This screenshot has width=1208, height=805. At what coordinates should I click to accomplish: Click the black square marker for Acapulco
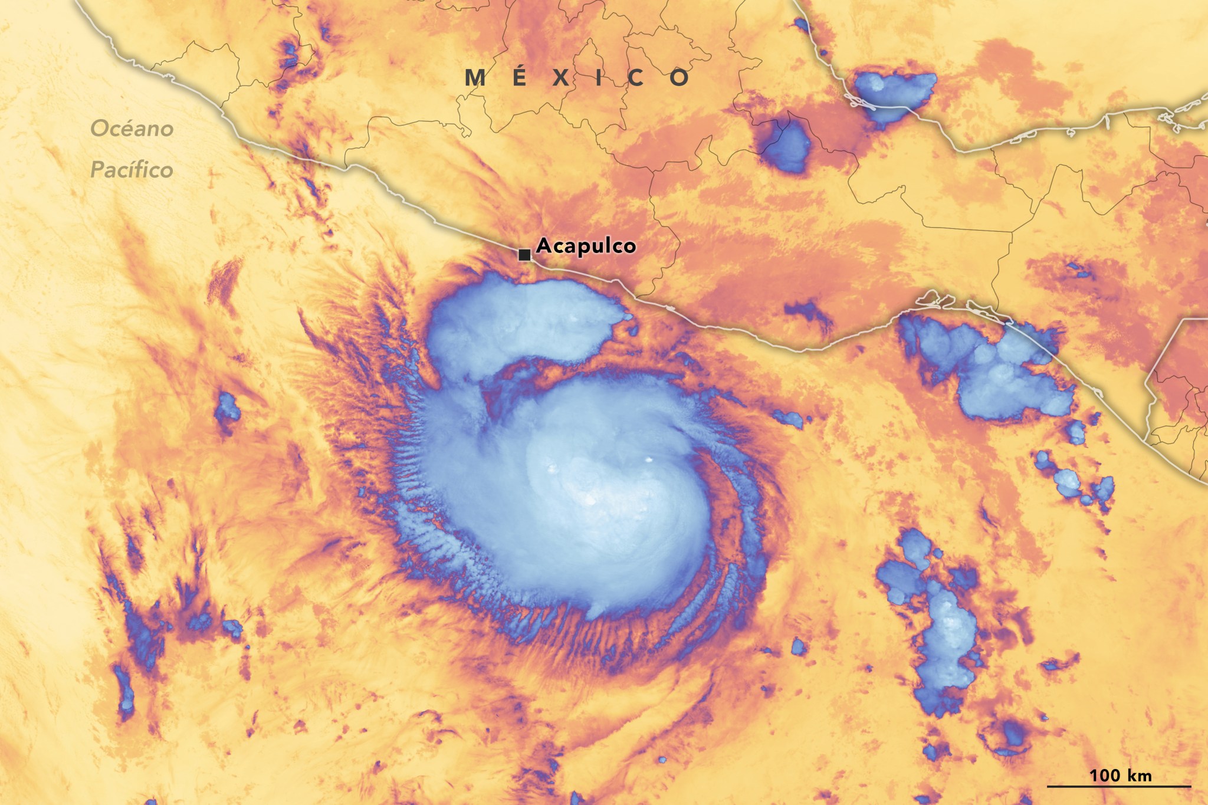524,255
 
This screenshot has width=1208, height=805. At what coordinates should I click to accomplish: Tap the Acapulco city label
586,246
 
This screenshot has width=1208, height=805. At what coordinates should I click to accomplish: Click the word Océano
132,129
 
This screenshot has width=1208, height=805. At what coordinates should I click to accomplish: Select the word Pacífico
132,170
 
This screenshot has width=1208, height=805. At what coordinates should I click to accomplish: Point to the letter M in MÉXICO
475,78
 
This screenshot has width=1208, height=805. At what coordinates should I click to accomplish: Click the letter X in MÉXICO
561,78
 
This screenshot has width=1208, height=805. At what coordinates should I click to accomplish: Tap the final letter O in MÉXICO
679,78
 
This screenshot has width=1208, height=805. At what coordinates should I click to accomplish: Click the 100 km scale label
1120,775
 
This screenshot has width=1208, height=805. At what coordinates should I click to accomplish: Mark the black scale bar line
1119,786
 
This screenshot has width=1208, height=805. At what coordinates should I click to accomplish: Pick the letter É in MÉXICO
519,77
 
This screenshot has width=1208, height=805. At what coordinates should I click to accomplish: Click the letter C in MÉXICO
636,78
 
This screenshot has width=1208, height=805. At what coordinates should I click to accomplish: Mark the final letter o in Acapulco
629,247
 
